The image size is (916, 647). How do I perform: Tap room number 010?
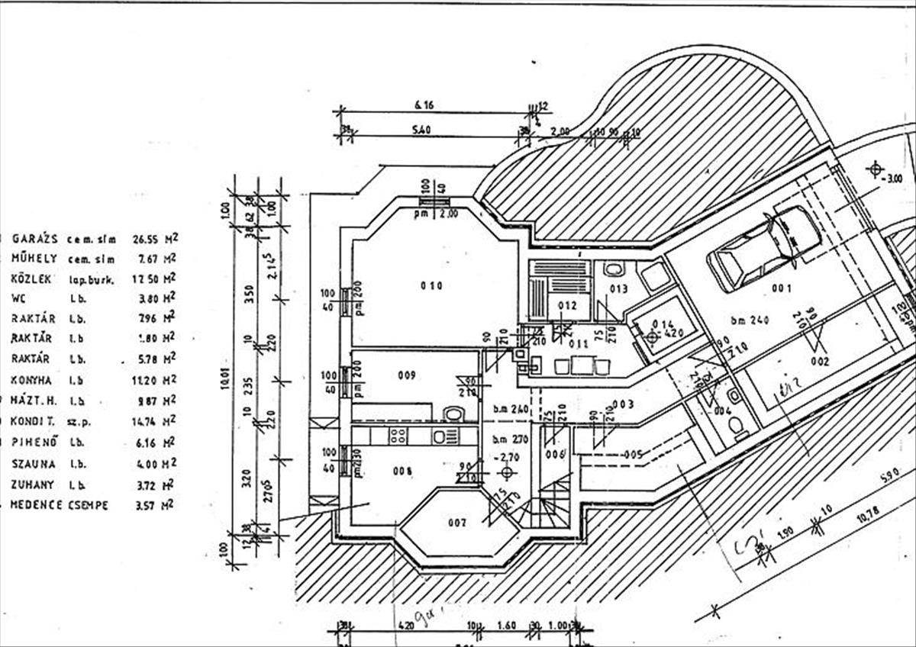click(x=431, y=286)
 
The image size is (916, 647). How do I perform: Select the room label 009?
click(x=406, y=375)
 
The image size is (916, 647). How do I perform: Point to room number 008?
click(x=403, y=471)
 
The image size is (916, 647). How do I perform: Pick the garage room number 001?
click(x=782, y=288)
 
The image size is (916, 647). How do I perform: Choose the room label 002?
click(x=820, y=362)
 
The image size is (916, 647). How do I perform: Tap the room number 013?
click(x=618, y=289)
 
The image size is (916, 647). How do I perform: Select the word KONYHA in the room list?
click(x=31, y=379)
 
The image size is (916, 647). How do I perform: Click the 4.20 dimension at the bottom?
click(x=405, y=626)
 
